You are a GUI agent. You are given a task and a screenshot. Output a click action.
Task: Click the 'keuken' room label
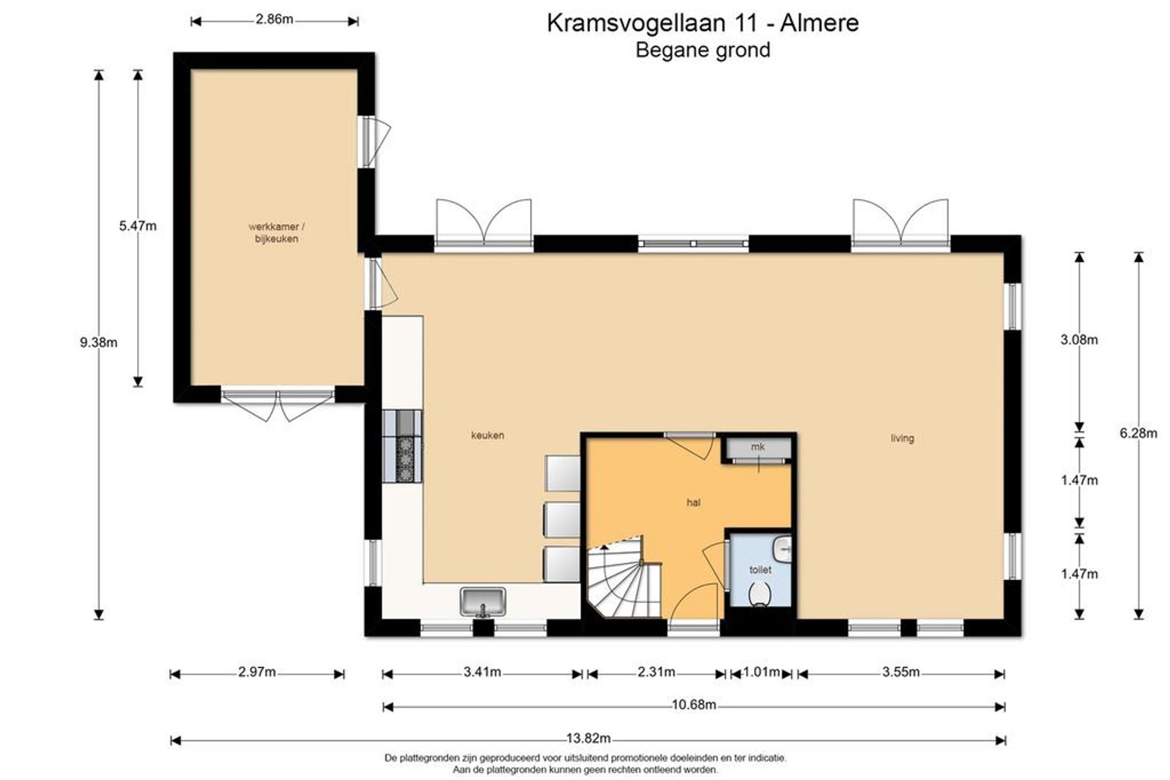pos(487,435)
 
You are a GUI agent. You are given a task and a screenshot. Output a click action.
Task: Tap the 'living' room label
pos(902,438)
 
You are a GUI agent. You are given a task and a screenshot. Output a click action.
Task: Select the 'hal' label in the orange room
pos(693,502)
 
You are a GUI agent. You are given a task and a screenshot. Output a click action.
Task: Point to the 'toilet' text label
pos(760,570)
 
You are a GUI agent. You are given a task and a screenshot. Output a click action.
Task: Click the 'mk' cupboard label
pos(757,447)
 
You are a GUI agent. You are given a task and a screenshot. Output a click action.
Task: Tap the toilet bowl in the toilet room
pos(760,594)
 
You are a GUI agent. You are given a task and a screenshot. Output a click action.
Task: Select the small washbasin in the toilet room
pos(783,549)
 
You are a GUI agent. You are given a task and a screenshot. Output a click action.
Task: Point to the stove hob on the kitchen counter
pos(404,459)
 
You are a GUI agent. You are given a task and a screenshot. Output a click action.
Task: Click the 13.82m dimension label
pos(588,738)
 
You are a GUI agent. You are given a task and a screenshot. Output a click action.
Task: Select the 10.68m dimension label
pos(694,705)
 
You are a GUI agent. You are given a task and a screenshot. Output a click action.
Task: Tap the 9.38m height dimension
pos(99,343)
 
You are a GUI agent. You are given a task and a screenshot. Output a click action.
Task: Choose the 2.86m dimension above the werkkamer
pos(274,20)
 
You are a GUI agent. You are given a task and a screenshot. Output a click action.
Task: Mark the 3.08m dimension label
pos(1079,340)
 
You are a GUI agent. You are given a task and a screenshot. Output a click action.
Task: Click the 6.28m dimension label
pos(1139,433)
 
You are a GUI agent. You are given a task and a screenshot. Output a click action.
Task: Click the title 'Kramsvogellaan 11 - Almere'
pos(703,23)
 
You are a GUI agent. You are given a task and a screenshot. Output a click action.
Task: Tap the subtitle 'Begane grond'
pos(703,50)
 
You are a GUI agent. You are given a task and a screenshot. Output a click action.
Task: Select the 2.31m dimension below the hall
pos(656,672)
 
